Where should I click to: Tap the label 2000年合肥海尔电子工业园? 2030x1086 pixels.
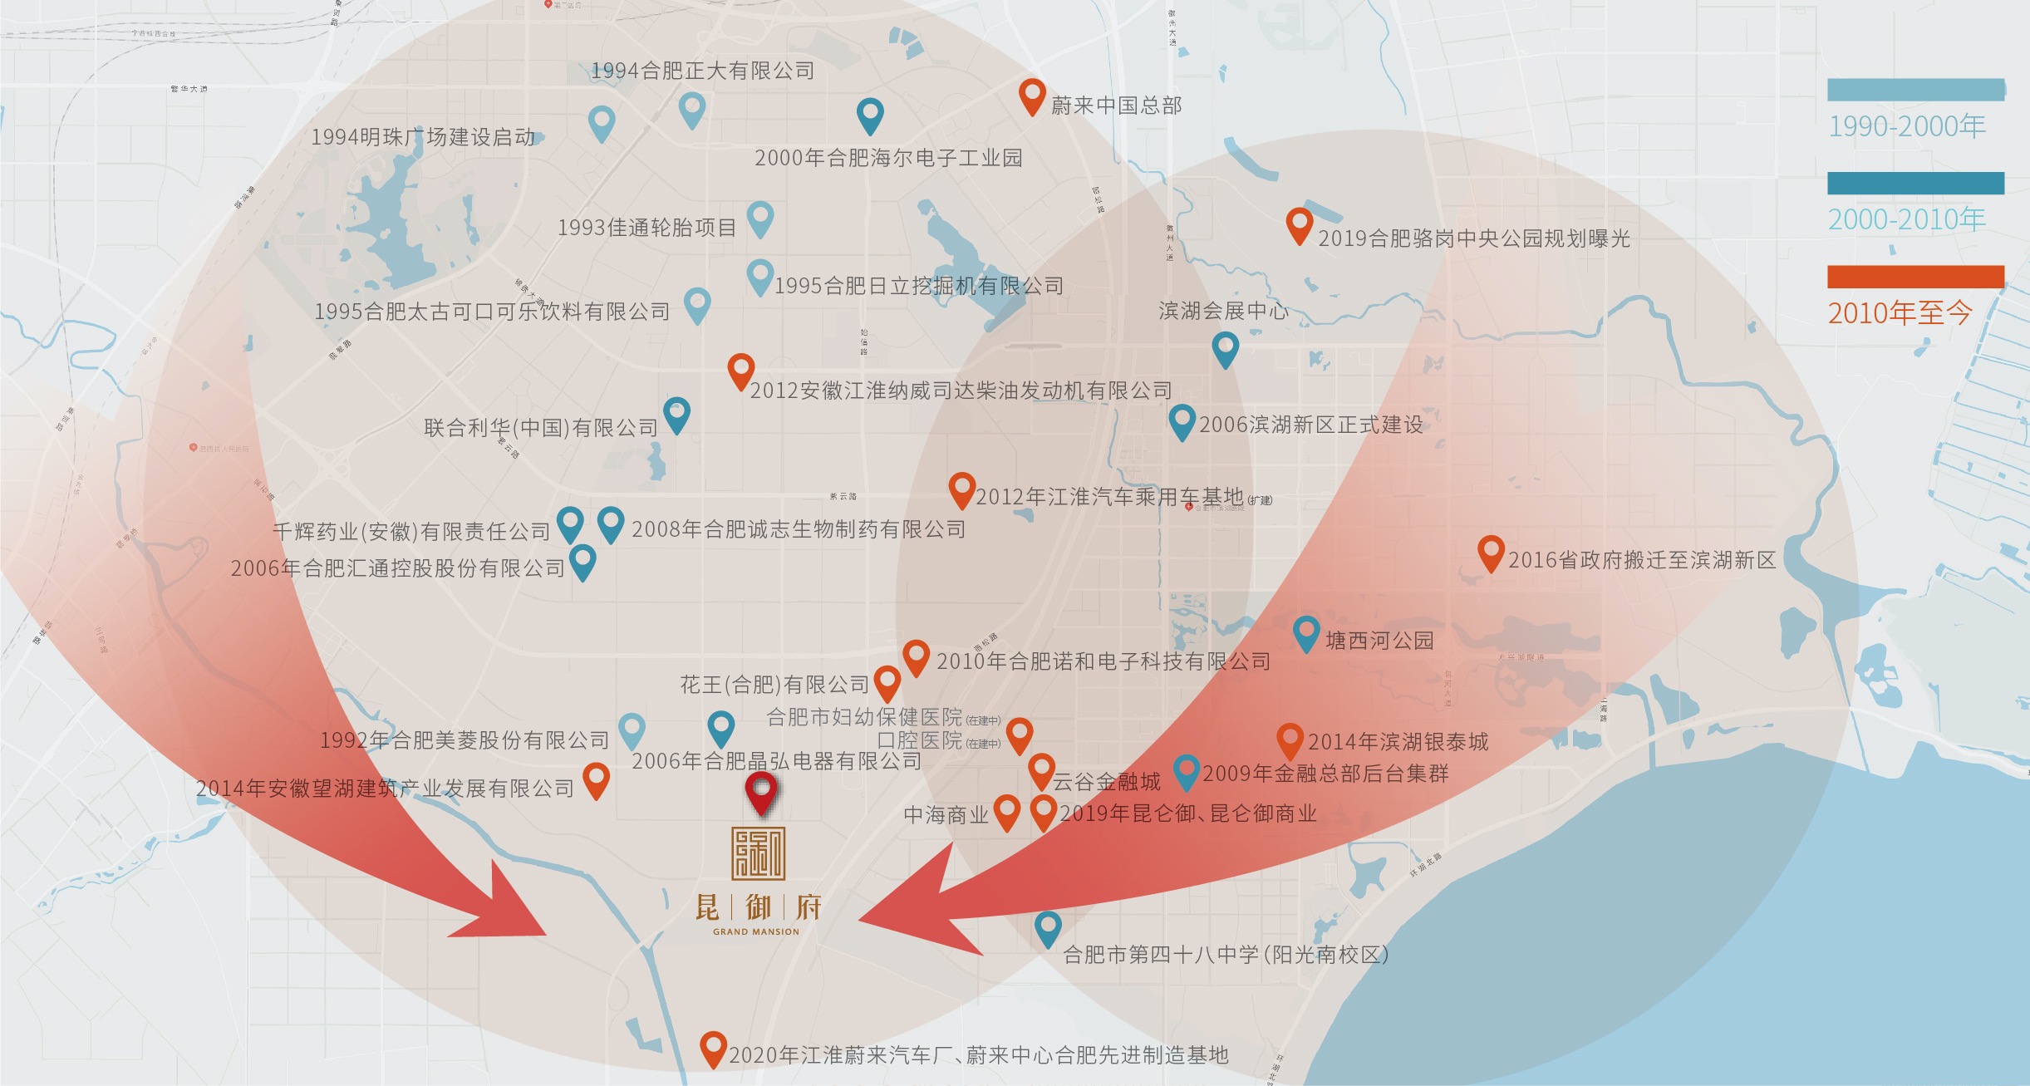887,158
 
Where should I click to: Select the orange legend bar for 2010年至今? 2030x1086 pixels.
1915,277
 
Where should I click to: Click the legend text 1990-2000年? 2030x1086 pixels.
1906,126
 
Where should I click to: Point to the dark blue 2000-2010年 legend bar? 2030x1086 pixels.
1915,183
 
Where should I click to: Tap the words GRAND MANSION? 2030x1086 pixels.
755,931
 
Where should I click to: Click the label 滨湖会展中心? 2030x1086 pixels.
1223,311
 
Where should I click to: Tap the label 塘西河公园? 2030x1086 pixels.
1379,641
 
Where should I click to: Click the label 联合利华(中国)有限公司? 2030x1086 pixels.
540,428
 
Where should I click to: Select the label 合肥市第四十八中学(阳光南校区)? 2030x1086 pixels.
1226,955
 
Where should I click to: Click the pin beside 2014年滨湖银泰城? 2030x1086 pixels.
1289,738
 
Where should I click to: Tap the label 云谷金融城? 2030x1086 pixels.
1106,782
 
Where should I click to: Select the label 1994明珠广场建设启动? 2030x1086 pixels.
423,137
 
